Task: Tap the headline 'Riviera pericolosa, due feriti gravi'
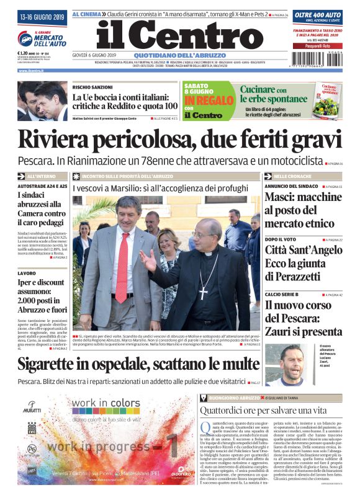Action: tap(179, 140)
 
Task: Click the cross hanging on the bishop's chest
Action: tap(203, 292)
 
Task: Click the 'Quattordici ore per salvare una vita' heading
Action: tap(263, 409)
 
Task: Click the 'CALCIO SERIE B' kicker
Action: tap(286, 295)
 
